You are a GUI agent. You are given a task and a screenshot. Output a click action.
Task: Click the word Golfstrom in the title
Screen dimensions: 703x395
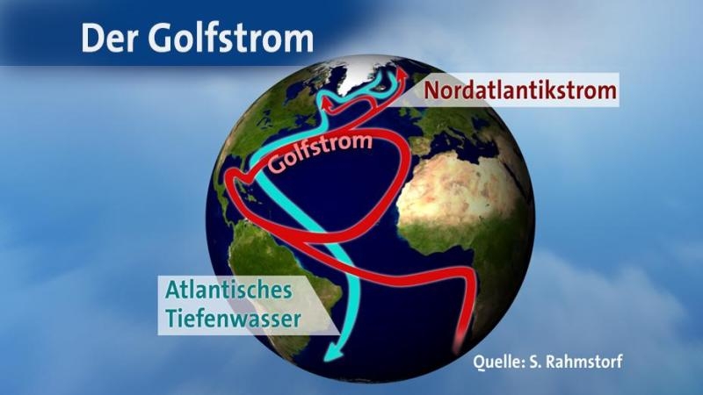[x=230, y=38]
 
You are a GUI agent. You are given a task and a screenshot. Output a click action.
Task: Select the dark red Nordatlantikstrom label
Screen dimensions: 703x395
[x=520, y=90]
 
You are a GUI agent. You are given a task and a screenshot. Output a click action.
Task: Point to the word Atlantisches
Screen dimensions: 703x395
[x=228, y=291]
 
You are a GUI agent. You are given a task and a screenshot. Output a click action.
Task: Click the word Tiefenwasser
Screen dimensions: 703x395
[x=233, y=319]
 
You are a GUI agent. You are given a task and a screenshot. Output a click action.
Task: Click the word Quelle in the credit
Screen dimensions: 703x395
[x=496, y=362]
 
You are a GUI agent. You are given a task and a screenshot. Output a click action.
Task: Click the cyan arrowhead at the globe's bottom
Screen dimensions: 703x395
[x=333, y=353]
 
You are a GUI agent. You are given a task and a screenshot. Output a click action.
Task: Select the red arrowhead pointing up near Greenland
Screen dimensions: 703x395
[x=402, y=74]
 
